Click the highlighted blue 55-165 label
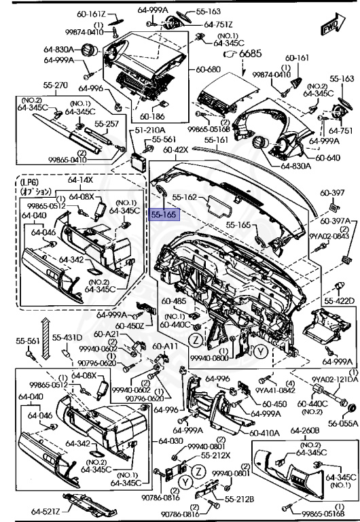164,214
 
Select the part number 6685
250,52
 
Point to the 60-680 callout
209,69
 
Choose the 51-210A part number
150,129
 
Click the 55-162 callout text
184,197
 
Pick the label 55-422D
339,300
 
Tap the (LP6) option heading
31,181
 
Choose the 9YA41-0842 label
275,390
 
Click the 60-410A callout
263,433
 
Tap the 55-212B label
239,500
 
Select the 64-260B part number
305,430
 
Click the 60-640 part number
327,158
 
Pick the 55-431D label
68,338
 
